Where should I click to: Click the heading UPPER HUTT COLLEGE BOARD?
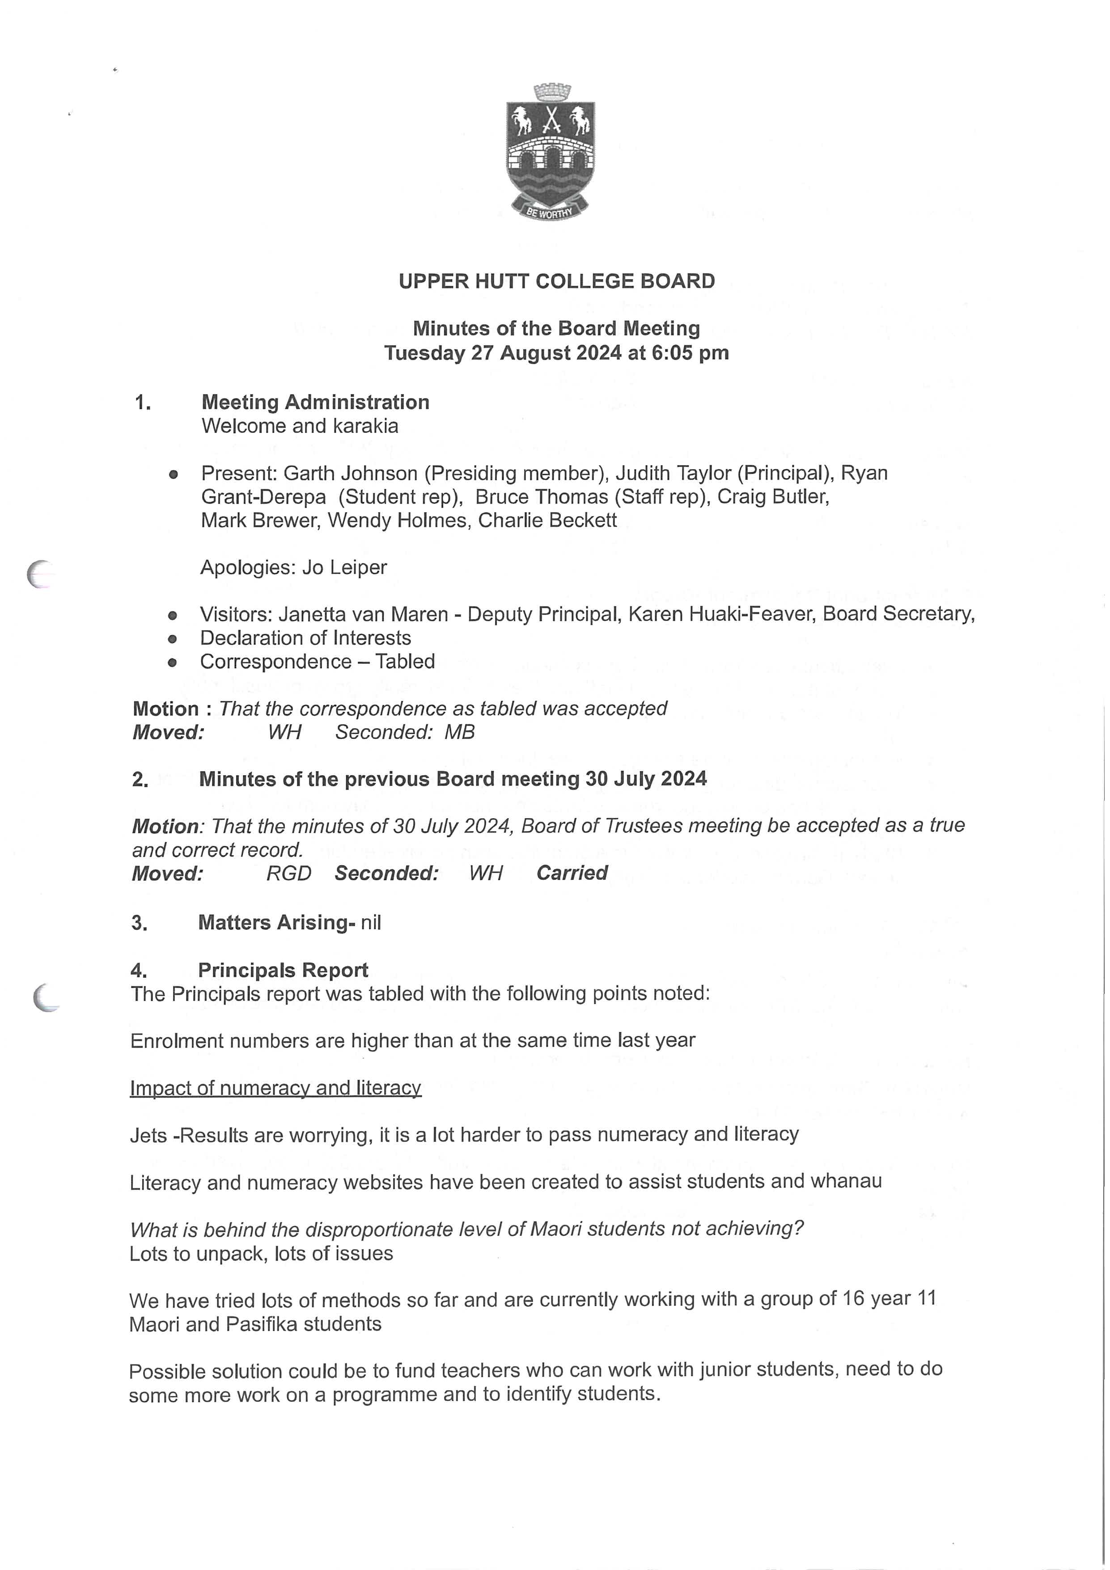556,281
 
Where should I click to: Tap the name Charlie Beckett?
547,520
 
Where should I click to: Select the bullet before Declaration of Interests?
172,639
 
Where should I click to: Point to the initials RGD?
288,873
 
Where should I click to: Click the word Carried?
572,873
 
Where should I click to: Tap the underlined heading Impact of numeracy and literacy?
275,1088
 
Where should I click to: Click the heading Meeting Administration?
315,402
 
